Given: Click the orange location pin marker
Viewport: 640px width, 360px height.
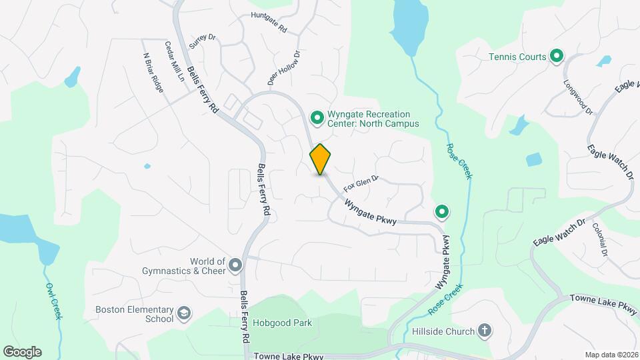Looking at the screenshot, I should point(320,159).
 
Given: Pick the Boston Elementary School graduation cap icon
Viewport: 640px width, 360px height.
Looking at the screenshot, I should point(183,313).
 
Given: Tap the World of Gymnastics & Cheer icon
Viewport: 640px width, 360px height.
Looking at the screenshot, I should point(235,266).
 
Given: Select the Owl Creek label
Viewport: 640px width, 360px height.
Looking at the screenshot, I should point(53,301).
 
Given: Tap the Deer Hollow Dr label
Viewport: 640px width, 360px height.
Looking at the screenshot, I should point(284,67).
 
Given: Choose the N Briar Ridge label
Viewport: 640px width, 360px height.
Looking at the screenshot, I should point(153,73).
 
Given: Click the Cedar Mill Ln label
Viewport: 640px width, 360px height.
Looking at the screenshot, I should point(175,61).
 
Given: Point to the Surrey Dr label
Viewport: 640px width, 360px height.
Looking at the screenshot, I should point(203,41).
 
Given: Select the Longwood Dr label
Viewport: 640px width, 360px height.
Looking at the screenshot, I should point(579,98).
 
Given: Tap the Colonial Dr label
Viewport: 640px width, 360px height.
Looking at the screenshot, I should point(599,239).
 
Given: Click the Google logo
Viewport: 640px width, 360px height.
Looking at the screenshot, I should point(23,351).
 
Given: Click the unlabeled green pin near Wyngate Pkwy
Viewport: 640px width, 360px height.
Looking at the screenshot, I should point(441,213).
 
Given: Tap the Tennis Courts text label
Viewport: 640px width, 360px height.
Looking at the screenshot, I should point(517,57).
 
